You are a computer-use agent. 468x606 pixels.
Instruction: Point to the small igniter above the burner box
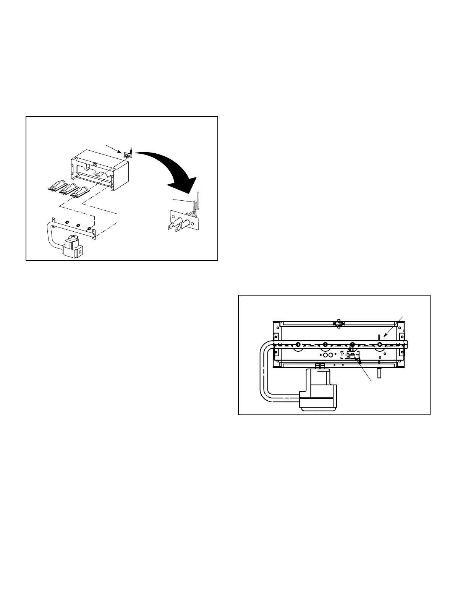[x=128, y=153]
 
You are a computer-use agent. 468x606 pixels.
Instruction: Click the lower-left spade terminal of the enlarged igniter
[x=170, y=228]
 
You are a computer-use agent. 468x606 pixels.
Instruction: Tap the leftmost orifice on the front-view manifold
[x=298, y=344]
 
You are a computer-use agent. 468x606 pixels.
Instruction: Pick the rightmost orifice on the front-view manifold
[x=380, y=344]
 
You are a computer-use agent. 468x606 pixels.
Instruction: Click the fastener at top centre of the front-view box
[x=338, y=323]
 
